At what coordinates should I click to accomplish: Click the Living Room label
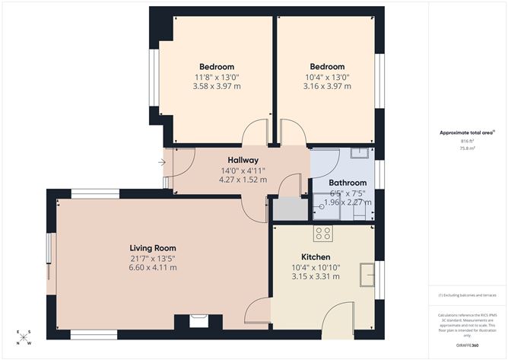pyautogui.click(x=153, y=248)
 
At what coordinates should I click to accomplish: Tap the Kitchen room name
pyautogui.click(x=315, y=256)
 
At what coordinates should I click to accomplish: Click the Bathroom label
pyautogui.click(x=348, y=183)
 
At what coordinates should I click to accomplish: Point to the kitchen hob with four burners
pyautogui.click(x=323, y=233)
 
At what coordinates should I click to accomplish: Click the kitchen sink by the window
pyautogui.click(x=368, y=273)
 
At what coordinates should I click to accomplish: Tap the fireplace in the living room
pyautogui.click(x=198, y=321)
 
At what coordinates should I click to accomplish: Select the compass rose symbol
pyautogui.click(x=24, y=337)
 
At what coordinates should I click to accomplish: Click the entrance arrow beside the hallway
pyautogui.click(x=161, y=162)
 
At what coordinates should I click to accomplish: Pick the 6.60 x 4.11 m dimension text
pyautogui.click(x=153, y=269)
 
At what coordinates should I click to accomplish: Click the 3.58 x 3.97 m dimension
pyautogui.click(x=216, y=87)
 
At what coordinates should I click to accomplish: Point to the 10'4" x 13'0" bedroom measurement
pyautogui.click(x=327, y=77)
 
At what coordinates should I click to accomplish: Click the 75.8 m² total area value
pyautogui.click(x=467, y=148)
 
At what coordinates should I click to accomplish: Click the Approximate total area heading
pyautogui.click(x=466, y=132)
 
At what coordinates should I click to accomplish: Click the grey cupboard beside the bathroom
pyautogui.click(x=287, y=209)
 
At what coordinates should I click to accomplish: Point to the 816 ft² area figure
pyautogui.click(x=467, y=141)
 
